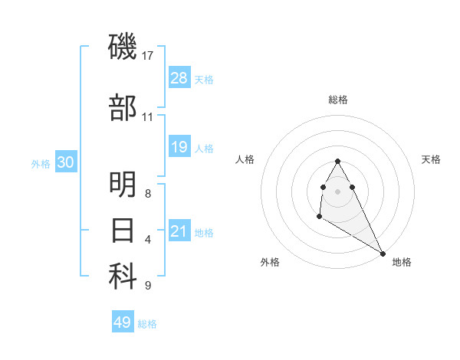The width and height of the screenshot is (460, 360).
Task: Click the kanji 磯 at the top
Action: (x=123, y=47)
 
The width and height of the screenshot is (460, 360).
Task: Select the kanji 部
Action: (x=123, y=108)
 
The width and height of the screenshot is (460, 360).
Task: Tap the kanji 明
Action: (x=123, y=185)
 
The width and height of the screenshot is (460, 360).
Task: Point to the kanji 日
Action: (x=123, y=230)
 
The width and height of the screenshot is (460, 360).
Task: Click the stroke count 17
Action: (x=149, y=56)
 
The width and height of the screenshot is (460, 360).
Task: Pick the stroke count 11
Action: (x=149, y=117)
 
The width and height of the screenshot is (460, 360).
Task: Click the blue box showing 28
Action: (x=179, y=78)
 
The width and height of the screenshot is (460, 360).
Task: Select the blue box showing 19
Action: (x=179, y=147)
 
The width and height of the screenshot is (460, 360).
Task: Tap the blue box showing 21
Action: (x=179, y=231)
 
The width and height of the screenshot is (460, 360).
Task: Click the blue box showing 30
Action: (x=66, y=163)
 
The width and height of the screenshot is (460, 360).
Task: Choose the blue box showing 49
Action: (x=123, y=322)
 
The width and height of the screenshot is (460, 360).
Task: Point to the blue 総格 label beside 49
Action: (x=147, y=324)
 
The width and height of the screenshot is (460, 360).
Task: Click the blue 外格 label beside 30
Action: (x=41, y=164)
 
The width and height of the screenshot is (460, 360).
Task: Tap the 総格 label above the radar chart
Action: (x=338, y=100)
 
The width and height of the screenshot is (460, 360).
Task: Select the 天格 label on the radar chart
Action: (x=432, y=159)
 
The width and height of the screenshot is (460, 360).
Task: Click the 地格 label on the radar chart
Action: (x=402, y=262)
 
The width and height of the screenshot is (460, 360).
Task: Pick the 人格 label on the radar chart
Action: (x=245, y=159)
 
